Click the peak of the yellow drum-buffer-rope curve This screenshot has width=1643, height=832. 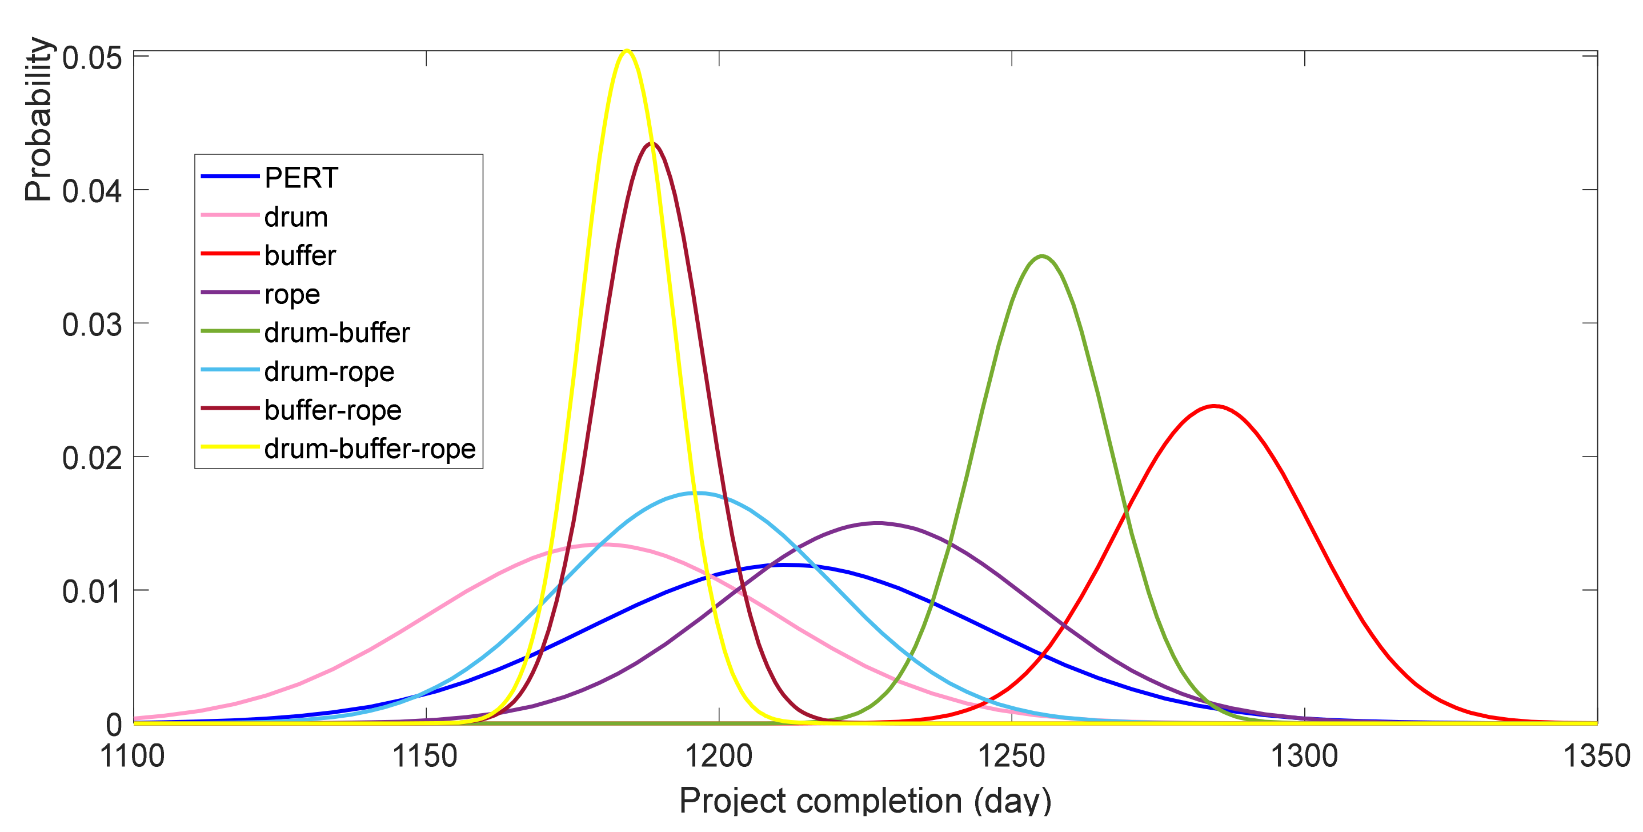click(627, 51)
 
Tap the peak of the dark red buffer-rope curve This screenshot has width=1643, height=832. click(651, 143)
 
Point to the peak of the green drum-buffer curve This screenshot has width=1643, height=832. click(1042, 257)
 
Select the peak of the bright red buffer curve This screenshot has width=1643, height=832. click(1214, 406)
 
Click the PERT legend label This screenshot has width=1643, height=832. click(301, 178)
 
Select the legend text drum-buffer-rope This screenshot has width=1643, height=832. click(370, 449)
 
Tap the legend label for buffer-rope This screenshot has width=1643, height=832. click(333, 410)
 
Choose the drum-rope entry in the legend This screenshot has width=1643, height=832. click(329, 371)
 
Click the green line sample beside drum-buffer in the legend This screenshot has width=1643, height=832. click(230, 331)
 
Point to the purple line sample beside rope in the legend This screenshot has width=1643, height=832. click(230, 292)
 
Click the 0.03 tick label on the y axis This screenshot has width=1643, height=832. click(92, 325)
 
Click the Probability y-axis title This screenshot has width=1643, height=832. click(38, 119)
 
